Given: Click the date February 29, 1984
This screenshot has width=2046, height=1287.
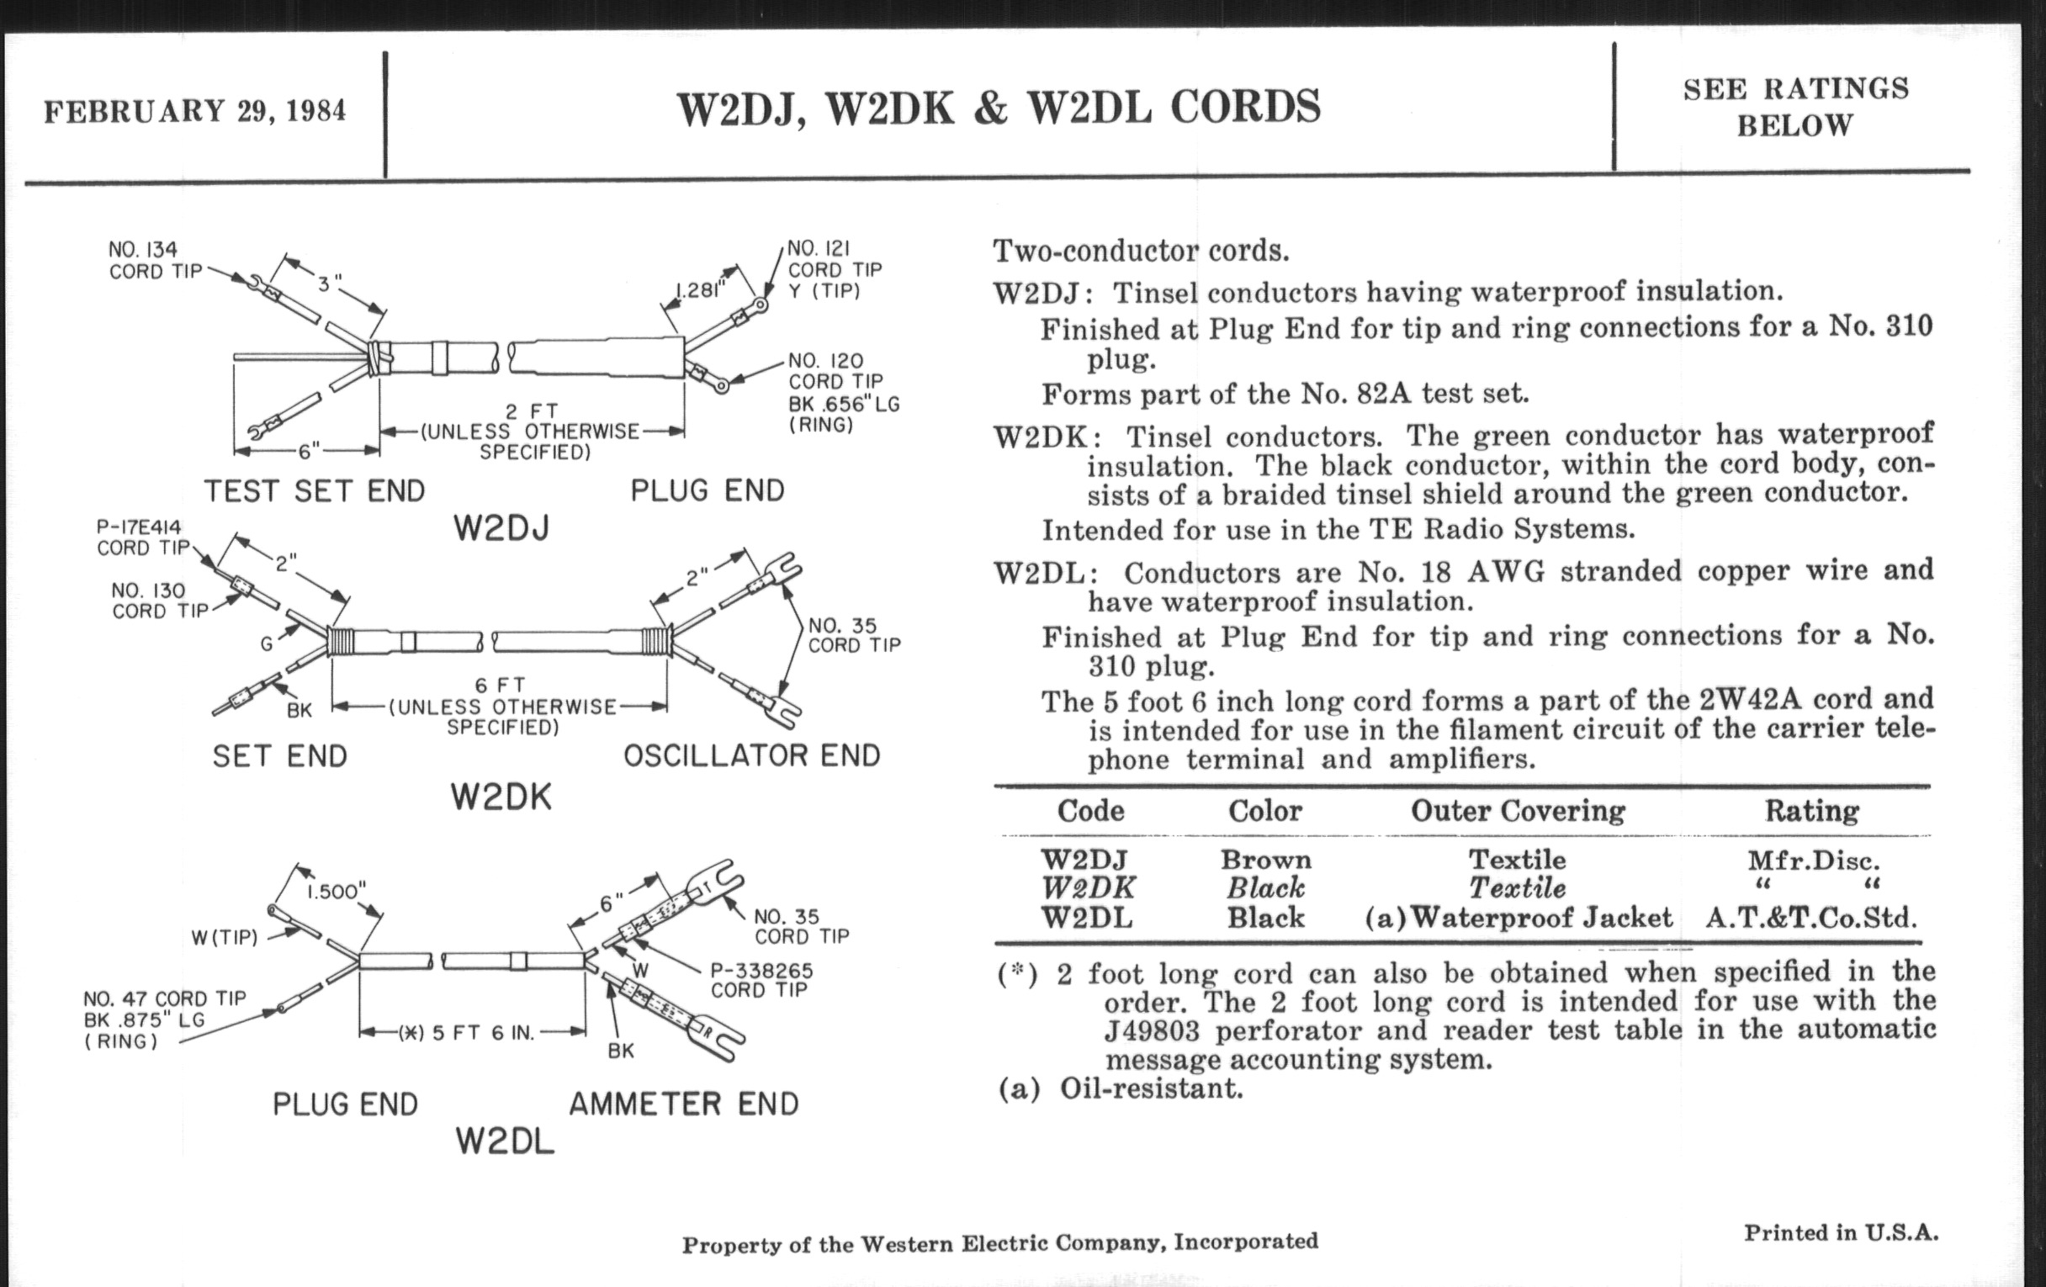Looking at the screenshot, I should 194,111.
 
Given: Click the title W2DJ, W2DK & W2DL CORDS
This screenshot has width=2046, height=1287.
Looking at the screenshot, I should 999,108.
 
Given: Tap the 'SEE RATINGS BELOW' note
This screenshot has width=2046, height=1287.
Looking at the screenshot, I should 1795,107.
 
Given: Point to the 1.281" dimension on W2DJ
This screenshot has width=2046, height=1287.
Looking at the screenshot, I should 700,289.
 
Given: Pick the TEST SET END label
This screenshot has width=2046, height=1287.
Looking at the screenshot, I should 314,491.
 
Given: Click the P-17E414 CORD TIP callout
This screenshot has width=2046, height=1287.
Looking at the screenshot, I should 141,538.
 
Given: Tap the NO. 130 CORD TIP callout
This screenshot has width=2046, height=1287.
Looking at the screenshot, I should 159,601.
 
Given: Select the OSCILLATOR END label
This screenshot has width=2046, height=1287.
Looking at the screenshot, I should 751,755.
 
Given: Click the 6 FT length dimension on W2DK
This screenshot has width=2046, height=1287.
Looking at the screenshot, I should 501,685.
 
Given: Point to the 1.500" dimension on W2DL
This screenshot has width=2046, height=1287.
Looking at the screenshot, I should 337,891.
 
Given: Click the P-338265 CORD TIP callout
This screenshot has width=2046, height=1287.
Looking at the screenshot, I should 761,979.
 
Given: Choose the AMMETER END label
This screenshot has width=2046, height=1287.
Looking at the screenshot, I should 684,1104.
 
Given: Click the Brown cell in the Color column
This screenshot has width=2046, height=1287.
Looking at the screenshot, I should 1265,860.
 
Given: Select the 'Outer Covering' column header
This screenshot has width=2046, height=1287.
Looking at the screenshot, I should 1518,810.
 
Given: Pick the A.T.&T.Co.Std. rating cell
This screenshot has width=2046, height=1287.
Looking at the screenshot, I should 1810,918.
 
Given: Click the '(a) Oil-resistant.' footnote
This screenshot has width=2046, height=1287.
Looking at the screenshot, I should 1120,1088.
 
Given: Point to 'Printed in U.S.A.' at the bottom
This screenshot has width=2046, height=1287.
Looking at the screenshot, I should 1842,1232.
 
